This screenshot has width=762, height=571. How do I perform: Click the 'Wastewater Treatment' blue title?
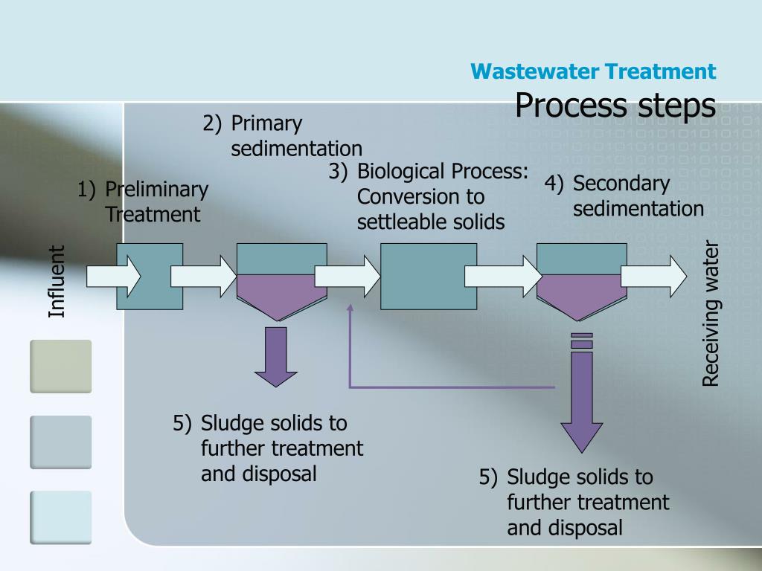coord(594,71)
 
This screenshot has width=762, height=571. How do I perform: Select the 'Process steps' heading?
coord(615,105)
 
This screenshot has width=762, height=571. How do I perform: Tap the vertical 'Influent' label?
coord(57,281)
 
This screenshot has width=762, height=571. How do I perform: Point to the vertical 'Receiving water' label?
coord(711,313)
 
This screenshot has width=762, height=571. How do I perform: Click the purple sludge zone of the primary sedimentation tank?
coord(281,294)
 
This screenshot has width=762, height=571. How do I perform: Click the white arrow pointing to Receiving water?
coord(653,276)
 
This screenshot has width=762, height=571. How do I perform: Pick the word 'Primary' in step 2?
coord(266,123)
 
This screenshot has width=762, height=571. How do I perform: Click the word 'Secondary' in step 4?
coord(621,184)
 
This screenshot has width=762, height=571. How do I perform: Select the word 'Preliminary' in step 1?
coord(156,190)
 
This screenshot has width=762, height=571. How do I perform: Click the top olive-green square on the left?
coord(60,366)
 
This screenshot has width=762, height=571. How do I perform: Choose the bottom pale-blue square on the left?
coord(60,517)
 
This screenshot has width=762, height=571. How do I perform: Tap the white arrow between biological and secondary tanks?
coord(503,276)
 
